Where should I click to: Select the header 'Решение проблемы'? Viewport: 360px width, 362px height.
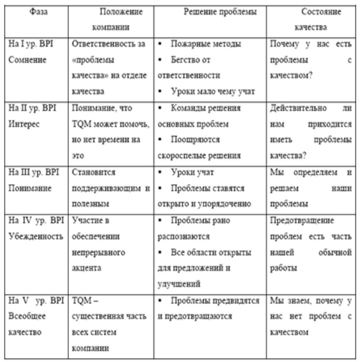coord(220,12)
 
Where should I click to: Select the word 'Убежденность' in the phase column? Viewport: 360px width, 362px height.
coord(36,236)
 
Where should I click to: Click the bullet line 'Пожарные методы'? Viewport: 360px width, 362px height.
coord(206,44)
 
